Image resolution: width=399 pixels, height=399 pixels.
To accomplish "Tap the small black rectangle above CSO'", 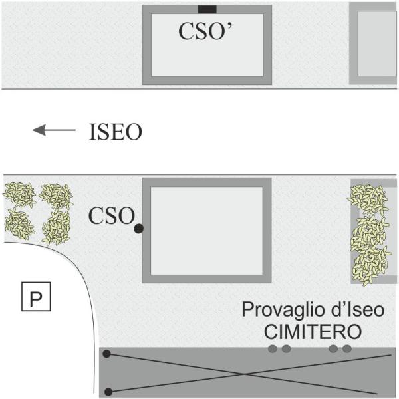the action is point(207,9).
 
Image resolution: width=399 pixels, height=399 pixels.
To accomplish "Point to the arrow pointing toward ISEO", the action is point(54,131).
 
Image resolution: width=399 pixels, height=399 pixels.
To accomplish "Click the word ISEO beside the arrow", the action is point(115,132).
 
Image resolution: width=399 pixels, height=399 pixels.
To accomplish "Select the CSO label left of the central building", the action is point(110,215).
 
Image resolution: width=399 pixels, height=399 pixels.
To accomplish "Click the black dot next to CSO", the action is point(138,229).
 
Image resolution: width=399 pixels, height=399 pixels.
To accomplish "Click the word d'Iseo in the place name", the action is point(338,310).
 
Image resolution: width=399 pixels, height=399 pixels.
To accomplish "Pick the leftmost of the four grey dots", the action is point(272,349).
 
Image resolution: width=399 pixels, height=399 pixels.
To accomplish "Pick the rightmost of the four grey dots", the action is point(346,349).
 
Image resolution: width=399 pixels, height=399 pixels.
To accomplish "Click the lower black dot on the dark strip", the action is point(108,391).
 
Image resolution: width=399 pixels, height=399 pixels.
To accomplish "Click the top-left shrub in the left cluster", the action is point(19,195).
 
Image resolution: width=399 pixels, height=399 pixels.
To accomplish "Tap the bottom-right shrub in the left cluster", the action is point(57,228).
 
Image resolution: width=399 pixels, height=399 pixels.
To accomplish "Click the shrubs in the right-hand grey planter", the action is point(369,233).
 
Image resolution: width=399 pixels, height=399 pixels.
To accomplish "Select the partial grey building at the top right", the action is point(374,43).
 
